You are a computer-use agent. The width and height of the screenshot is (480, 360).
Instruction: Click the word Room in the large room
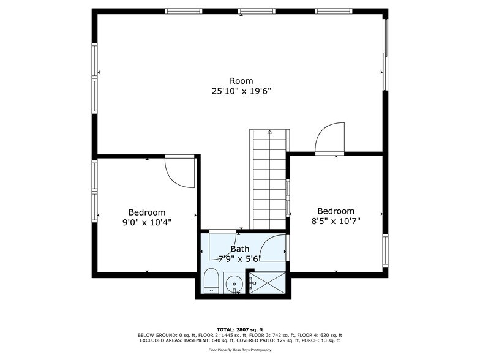tap(241, 81)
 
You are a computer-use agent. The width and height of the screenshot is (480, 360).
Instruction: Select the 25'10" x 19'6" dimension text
tap(241, 91)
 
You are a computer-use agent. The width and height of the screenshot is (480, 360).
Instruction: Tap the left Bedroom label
tap(146, 212)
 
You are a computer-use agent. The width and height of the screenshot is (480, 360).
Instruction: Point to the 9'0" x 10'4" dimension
tap(146, 223)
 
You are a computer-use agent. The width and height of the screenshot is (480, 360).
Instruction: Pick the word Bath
tap(240, 249)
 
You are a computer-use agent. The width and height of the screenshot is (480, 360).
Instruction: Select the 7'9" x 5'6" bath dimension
tap(240, 258)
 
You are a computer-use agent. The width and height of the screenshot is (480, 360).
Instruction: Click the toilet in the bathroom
tap(211, 281)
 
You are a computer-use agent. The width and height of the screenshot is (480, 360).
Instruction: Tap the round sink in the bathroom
tap(233, 283)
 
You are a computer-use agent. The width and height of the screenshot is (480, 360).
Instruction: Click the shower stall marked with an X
tap(267, 283)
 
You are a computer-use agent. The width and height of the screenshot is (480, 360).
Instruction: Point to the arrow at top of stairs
tap(269, 132)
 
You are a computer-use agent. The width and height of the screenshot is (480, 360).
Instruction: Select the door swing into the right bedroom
tap(331, 138)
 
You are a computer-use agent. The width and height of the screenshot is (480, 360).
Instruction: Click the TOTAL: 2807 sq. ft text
tap(239, 329)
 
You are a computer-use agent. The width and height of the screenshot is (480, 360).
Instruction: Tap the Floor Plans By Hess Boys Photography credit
tap(239, 350)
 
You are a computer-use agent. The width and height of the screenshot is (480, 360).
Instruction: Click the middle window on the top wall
tap(257, 11)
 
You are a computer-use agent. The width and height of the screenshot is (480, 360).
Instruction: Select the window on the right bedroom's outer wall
tap(385, 250)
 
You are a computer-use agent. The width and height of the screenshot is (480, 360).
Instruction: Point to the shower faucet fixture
tap(252, 283)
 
